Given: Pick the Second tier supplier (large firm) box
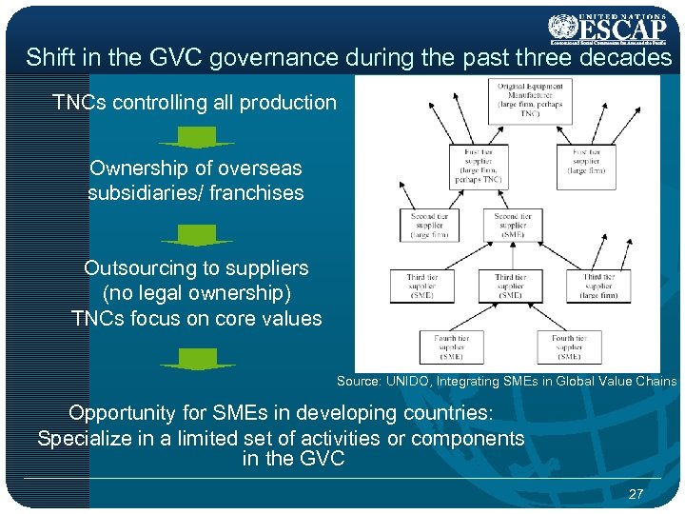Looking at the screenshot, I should click(429, 225).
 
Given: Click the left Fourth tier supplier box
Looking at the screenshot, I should click(450, 346).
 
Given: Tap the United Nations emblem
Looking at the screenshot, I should click(563, 26).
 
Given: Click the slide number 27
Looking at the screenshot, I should click(636, 493).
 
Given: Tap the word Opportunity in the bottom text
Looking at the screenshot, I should click(122, 413).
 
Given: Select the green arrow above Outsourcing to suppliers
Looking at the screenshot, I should click(196, 235).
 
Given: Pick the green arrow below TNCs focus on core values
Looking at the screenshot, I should click(196, 360).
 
